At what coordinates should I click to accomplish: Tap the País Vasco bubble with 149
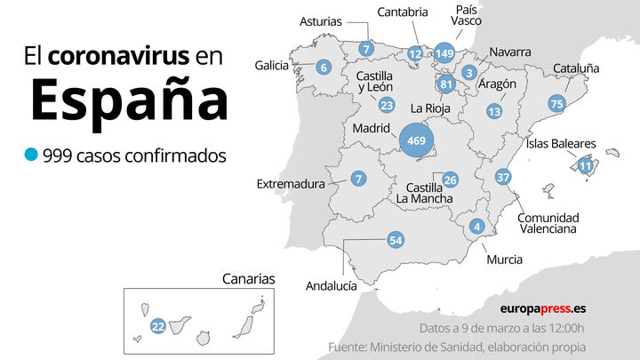coord(444,53)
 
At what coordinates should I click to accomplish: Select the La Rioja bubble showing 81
coord(446,85)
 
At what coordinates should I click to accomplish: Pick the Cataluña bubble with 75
coord(557,103)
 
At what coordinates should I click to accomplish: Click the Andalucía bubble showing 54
coord(396,240)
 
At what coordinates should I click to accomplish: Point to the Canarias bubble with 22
coord(157,326)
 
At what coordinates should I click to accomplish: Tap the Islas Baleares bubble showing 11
coord(585,165)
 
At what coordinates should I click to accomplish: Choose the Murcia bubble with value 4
coord(477,227)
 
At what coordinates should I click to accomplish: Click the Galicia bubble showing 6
coord(324,67)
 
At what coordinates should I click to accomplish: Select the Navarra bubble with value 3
coord(469,72)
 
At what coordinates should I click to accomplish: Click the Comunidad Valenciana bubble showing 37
coord(503,177)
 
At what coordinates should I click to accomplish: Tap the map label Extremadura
coord(292,184)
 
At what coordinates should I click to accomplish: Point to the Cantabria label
coord(404,12)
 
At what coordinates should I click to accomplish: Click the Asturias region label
coord(321,20)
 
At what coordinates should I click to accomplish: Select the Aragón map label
coord(498,84)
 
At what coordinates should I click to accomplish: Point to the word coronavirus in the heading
coord(118,57)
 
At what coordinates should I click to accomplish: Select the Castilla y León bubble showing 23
coord(386,105)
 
